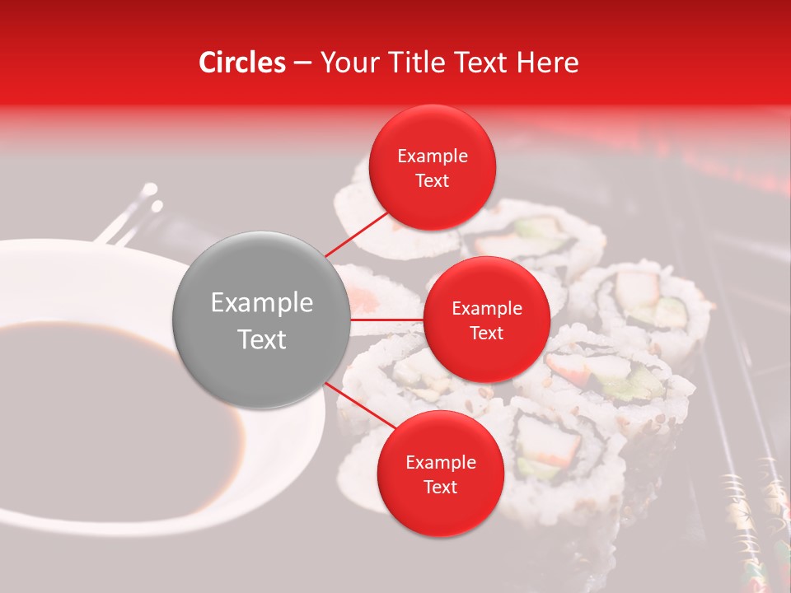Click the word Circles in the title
tap(241, 63)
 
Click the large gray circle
tap(262, 320)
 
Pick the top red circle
tap(433, 168)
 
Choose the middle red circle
tap(487, 320)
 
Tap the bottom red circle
tap(440, 474)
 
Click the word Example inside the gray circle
tap(262, 303)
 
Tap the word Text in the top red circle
tap(433, 181)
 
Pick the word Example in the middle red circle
tap(487, 309)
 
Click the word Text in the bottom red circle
tap(440, 488)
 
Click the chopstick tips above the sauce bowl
tap(147, 198)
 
